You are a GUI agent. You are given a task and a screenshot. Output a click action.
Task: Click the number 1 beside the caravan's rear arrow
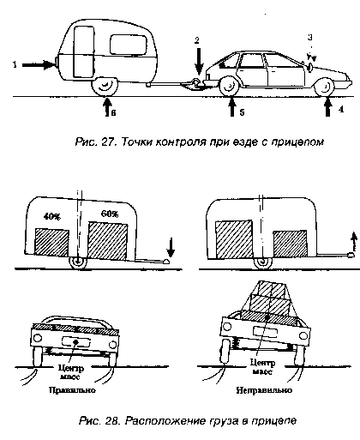(15, 65)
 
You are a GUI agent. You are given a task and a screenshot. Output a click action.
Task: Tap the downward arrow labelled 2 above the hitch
(199, 61)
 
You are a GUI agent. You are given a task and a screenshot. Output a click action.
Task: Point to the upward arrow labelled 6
(106, 107)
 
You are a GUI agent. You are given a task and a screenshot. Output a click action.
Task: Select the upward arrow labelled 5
(232, 106)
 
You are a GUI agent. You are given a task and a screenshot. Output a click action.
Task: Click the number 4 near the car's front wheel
(341, 109)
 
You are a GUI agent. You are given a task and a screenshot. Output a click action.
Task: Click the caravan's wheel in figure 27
(105, 87)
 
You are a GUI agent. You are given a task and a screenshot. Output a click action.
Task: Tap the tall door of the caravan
(84, 51)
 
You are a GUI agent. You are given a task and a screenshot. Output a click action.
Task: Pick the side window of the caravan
(129, 45)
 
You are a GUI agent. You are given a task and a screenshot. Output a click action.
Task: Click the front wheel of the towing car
(325, 87)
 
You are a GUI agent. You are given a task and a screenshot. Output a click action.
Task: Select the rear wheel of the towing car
(229, 87)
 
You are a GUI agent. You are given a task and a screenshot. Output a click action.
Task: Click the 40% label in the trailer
(51, 217)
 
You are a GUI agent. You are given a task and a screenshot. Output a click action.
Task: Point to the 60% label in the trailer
(110, 214)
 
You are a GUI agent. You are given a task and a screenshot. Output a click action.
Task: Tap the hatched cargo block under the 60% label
(108, 241)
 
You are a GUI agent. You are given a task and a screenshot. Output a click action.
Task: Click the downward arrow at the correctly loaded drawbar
(171, 248)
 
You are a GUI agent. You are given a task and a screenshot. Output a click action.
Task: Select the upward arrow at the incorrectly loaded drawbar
(354, 242)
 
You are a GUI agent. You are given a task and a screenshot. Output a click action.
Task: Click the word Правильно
(72, 390)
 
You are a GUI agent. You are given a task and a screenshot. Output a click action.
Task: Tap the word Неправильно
(264, 390)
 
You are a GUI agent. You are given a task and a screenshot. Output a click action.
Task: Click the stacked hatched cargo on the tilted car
(268, 303)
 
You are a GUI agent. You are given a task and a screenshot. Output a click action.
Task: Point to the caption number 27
(108, 142)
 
